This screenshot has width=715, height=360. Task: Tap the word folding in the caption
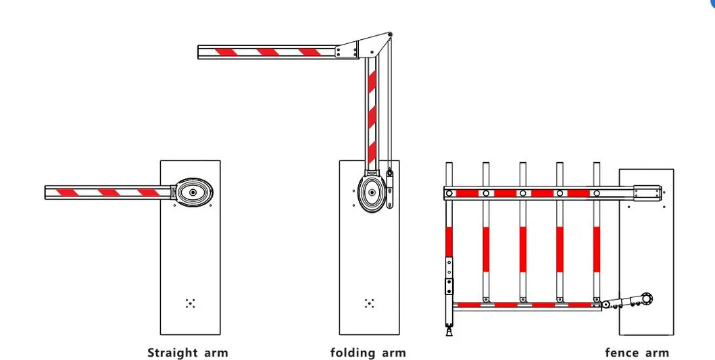tap(349, 353)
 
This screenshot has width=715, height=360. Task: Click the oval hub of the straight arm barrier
tap(194, 192)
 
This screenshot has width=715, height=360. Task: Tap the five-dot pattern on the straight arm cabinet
tap(190, 303)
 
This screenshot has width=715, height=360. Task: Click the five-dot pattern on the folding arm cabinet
tap(370, 303)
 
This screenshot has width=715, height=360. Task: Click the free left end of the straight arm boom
tap(45, 192)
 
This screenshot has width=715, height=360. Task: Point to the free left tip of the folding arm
tap(199, 52)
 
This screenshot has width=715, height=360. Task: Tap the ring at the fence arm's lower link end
tap(646, 299)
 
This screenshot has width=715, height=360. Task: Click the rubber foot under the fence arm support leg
tap(449, 331)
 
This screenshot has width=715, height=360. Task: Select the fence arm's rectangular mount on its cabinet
tap(647, 192)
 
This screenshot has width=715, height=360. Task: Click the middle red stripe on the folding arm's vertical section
tap(372, 116)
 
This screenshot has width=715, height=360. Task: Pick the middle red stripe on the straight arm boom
tap(109, 192)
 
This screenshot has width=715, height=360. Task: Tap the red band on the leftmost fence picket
tap(449, 242)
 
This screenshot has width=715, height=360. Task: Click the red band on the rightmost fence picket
tap(597, 249)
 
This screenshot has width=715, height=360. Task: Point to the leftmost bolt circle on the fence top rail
tap(449, 193)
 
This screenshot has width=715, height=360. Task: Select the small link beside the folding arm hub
tap(389, 188)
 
